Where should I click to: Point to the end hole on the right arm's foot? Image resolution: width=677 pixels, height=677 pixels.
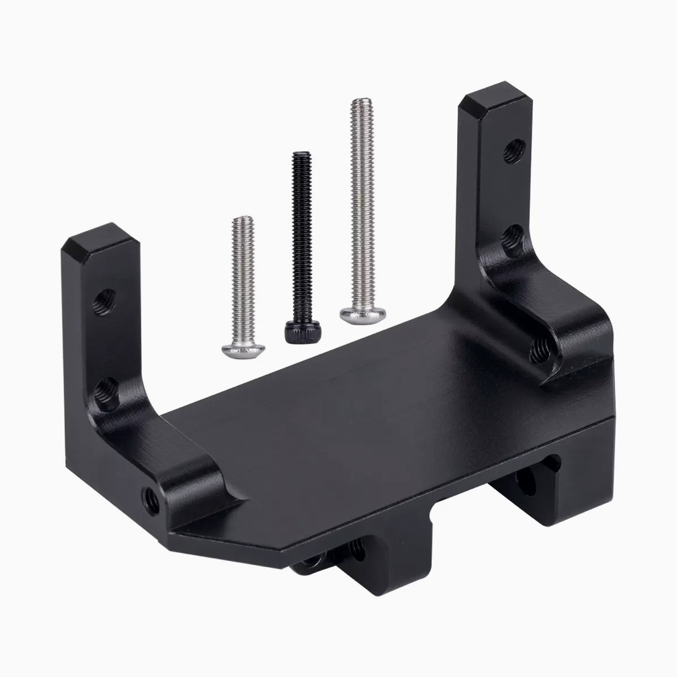click(540, 348)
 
